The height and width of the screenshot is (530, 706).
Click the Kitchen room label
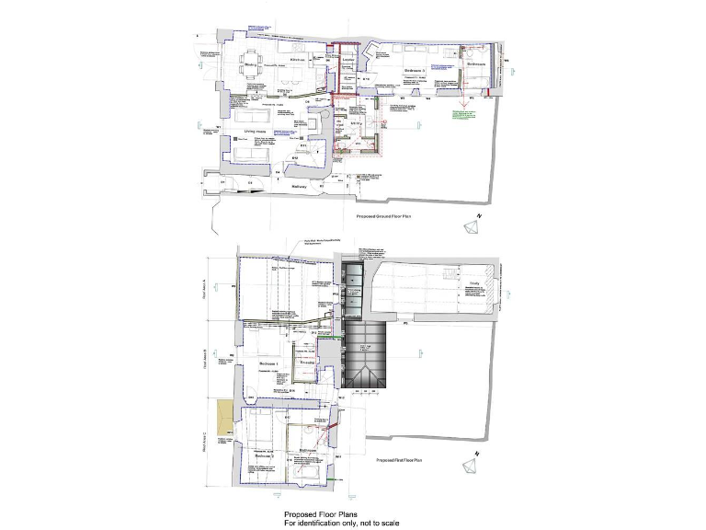[297, 60]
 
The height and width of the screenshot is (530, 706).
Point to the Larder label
[347, 62]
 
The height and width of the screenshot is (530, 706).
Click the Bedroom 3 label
[416, 70]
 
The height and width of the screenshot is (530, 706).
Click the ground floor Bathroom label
[474, 65]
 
